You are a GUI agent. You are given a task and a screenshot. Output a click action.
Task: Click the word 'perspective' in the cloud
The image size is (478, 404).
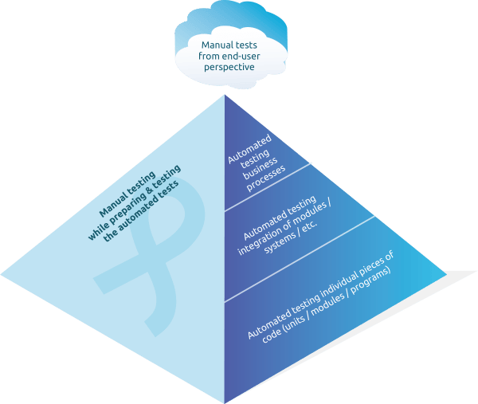[229, 67]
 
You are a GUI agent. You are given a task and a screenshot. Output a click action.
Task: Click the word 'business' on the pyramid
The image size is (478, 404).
[260, 168]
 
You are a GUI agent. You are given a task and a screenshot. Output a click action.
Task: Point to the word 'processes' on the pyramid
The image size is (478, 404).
[266, 179]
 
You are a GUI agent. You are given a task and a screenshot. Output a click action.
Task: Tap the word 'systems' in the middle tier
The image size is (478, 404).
[280, 242]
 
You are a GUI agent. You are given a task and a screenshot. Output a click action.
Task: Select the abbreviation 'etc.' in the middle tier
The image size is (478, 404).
[310, 225]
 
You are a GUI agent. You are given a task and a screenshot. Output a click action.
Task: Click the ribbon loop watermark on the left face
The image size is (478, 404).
[149, 259]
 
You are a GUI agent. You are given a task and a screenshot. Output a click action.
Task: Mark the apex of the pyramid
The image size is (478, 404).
[225, 95]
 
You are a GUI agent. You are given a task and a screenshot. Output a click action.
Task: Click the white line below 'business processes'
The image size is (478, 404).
[268, 187]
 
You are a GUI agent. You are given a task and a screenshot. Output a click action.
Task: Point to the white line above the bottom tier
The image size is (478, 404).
[300, 259]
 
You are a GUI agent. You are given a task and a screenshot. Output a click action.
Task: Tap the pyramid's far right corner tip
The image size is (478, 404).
[447, 274]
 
